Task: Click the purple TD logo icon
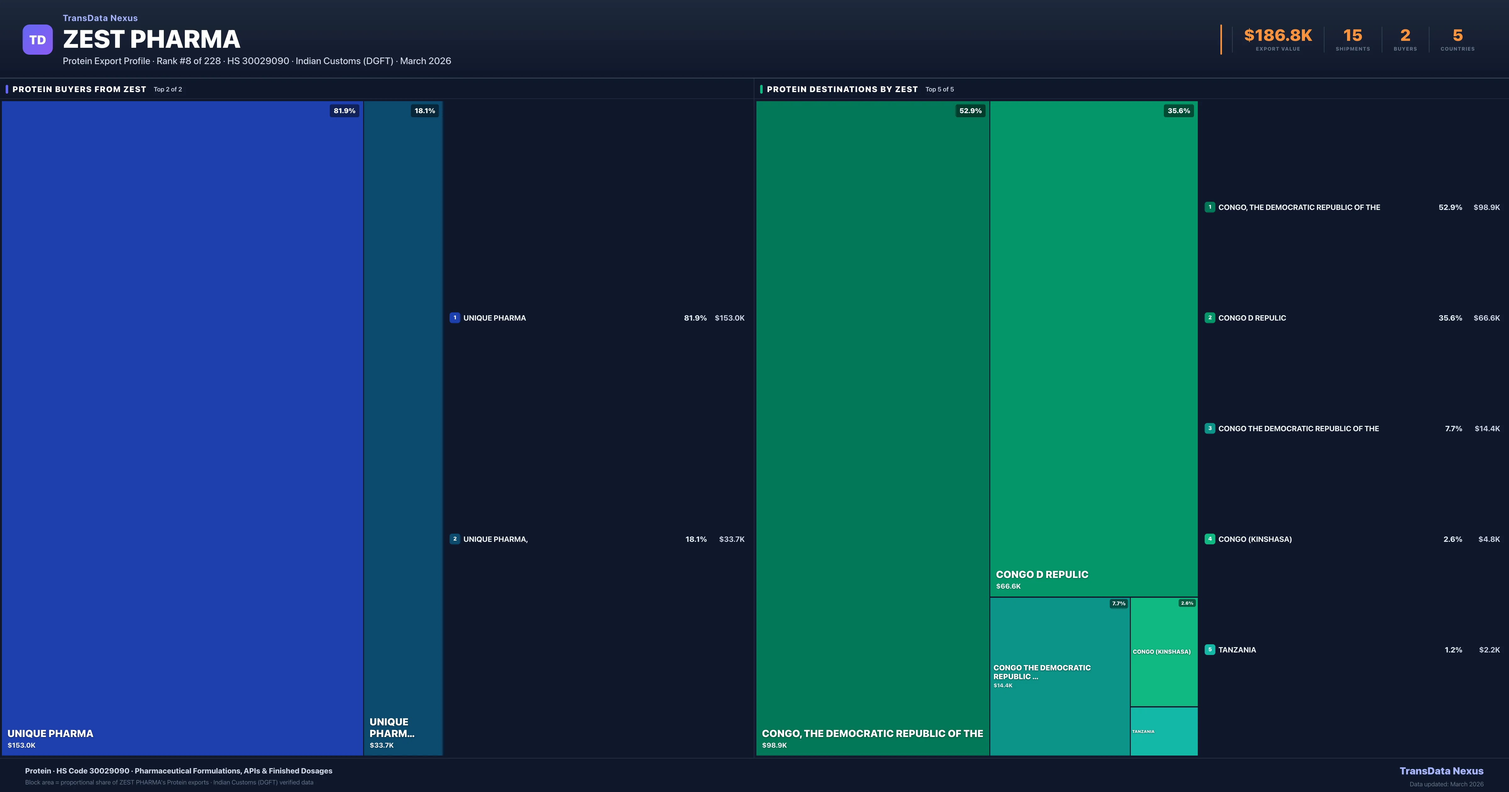tap(37, 40)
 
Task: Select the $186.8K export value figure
tap(1278, 36)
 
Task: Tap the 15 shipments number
tap(1352, 36)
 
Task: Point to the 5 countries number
tap(1457, 36)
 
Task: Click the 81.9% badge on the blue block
tap(345, 111)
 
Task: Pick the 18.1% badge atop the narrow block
tap(425, 111)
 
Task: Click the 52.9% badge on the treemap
tap(970, 111)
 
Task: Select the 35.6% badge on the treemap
tap(1179, 111)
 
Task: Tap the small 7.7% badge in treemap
tap(1118, 603)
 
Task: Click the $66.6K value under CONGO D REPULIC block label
tap(1008, 586)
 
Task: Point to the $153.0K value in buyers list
tap(729, 318)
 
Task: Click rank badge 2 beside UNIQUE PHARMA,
tap(455, 539)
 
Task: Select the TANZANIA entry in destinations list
tap(1237, 650)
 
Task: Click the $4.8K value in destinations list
tap(1489, 539)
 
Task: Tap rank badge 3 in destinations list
tap(1210, 428)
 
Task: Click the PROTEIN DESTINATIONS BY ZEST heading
tap(842, 89)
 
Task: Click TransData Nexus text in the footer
tap(1441, 771)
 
